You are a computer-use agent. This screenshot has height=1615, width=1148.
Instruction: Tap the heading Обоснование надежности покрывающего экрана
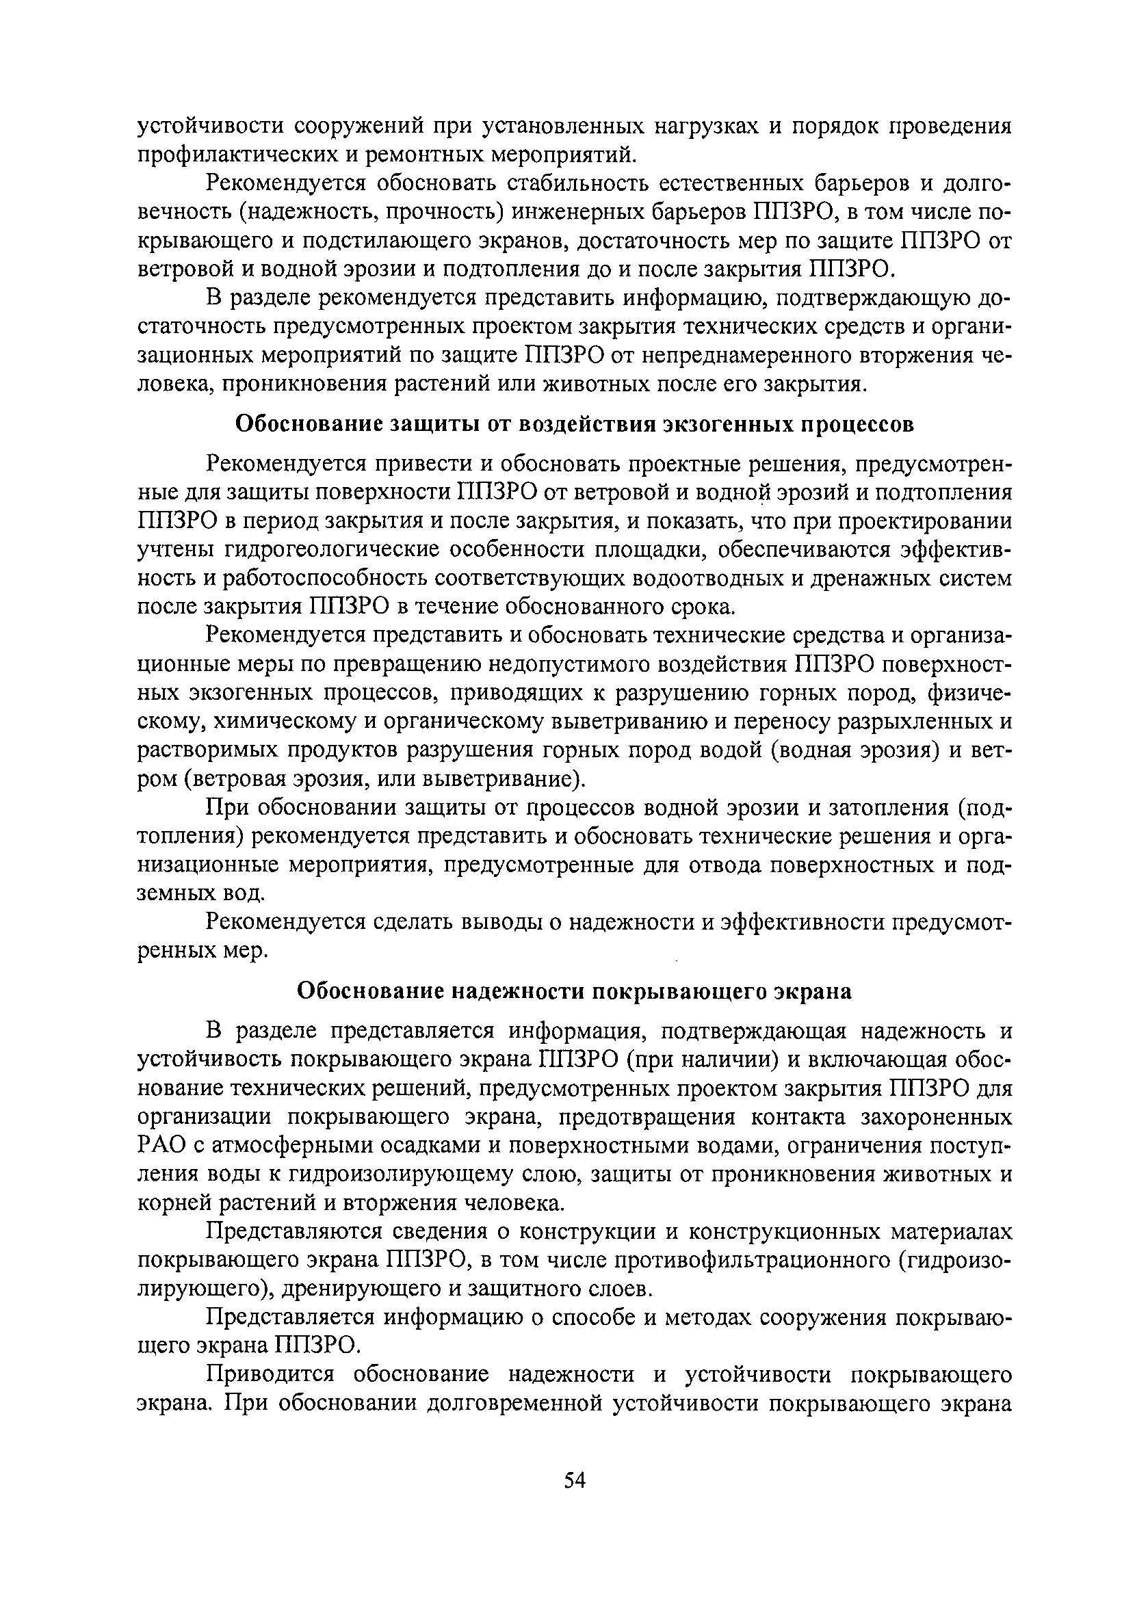tap(574, 992)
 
